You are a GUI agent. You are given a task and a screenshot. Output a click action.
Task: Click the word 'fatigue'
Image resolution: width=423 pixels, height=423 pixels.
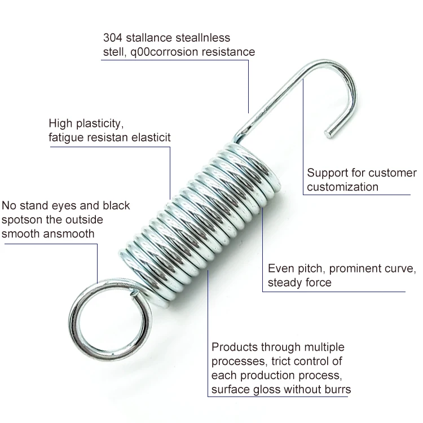tap(67, 137)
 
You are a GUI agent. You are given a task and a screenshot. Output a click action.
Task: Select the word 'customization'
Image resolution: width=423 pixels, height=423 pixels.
tap(342, 187)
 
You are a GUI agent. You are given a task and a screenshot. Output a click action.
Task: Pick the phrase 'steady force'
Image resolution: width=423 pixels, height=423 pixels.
tap(299, 283)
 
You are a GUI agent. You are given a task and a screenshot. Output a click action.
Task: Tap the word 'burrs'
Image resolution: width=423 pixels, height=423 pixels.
tap(336, 389)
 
